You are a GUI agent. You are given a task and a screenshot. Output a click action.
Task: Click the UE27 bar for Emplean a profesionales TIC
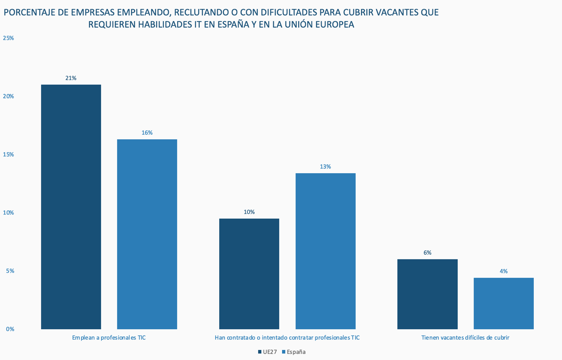(71, 207)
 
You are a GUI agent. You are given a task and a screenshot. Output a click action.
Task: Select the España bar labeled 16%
(147, 234)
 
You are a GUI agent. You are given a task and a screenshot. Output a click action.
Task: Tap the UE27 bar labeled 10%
(249, 274)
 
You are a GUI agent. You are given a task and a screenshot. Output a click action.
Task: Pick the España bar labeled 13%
(325, 251)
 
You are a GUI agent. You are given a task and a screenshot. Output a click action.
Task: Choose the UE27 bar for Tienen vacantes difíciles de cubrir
(427, 294)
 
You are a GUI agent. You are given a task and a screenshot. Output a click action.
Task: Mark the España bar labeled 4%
(504, 303)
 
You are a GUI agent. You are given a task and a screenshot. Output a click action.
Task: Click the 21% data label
(71, 78)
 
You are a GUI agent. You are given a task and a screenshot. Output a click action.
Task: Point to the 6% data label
(427, 253)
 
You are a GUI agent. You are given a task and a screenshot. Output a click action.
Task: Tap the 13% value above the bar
(325, 166)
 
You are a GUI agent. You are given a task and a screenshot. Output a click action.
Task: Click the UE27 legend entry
(267, 352)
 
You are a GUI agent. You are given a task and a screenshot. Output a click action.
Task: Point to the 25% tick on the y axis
(8, 38)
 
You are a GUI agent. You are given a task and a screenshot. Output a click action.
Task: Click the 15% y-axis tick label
(8, 154)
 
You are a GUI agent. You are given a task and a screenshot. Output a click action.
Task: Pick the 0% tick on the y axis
(10, 329)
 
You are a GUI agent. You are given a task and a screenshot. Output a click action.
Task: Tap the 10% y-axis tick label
(8, 212)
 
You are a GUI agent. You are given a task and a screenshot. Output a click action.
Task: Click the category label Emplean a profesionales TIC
(109, 337)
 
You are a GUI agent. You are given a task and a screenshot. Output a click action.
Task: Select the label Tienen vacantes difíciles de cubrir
(465, 337)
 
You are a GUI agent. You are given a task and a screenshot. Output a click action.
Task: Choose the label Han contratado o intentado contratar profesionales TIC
(287, 337)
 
